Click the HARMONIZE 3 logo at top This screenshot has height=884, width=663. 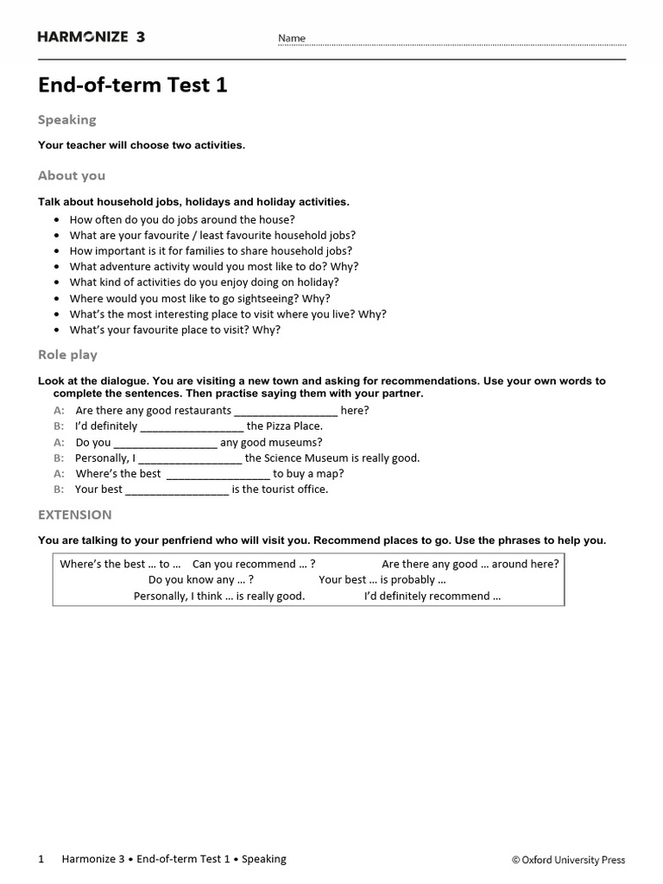tap(92, 37)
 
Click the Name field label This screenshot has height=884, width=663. tap(291, 39)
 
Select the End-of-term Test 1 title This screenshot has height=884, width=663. tap(132, 85)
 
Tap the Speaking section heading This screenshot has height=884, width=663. tap(66, 120)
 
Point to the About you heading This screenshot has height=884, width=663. tap(72, 175)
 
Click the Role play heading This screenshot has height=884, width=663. tap(67, 355)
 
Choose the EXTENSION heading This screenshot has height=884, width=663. tap(74, 515)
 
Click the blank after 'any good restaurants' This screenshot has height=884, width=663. tap(286, 411)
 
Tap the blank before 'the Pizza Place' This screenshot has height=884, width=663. tap(192, 426)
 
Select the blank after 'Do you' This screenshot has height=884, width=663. tap(165, 443)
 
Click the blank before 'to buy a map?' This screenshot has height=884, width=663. tap(218, 474)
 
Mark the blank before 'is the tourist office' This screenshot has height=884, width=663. tap(177, 489)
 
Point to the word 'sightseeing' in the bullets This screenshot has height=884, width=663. tap(269, 298)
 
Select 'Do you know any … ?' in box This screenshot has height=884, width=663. tap(200, 580)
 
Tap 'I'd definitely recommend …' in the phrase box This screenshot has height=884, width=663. tap(432, 596)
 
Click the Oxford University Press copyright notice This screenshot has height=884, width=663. tap(568, 860)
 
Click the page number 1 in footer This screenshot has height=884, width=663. tap(41, 859)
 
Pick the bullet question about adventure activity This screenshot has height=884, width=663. tap(214, 267)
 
